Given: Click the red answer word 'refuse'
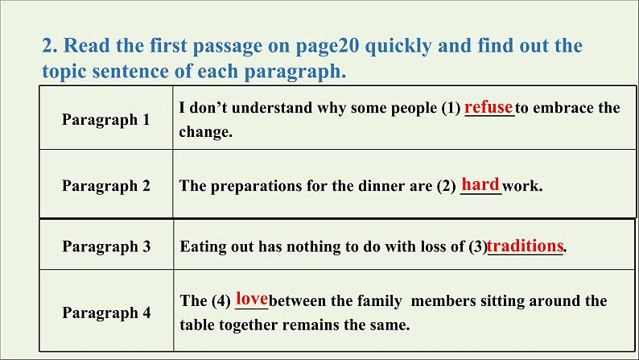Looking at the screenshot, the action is coord(489,107).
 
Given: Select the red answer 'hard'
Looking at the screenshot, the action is coord(480,184).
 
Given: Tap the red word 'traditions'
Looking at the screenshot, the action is coord(526,246).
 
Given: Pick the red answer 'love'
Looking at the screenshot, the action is coord(252,299).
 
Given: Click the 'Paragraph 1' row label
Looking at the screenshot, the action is coord(106,120).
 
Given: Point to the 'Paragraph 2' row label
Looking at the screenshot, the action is coord(106,186).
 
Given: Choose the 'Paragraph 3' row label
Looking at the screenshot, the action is coord(106,246).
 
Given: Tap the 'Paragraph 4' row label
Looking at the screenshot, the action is coord(106,312).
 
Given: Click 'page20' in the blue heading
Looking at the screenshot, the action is coord(328,46).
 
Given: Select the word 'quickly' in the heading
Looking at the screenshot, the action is coord(398,46).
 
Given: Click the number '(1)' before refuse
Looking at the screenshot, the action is coord(451,108).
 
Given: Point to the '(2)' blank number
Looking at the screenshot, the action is coord(446,186).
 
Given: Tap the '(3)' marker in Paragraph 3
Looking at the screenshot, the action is coord(478,246).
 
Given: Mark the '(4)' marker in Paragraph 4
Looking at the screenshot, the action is coord(221,301).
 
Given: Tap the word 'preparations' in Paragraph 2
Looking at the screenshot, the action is coord(257,186).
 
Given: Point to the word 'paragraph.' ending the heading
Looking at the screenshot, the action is coord(295,72).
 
